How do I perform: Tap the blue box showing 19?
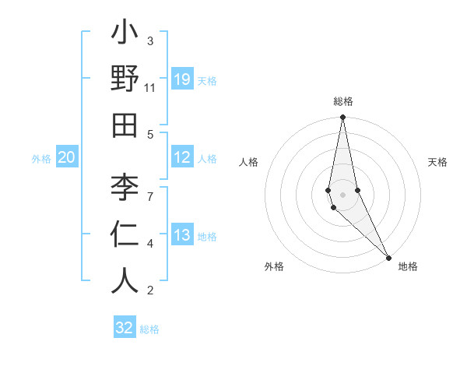click(x=182, y=79)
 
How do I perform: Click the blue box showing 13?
click(x=182, y=235)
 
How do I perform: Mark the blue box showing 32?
click(x=125, y=328)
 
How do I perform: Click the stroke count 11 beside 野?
click(x=150, y=88)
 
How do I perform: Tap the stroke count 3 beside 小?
click(x=150, y=40)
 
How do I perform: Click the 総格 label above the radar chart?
click(x=342, y=101)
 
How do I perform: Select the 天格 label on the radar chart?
click(x=437, y=162)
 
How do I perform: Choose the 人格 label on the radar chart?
click(x=248, y=162)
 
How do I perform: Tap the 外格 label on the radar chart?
click(x=273, y=266)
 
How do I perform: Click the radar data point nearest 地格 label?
click(x=388, y=257)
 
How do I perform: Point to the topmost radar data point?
click(x=342, y=118)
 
